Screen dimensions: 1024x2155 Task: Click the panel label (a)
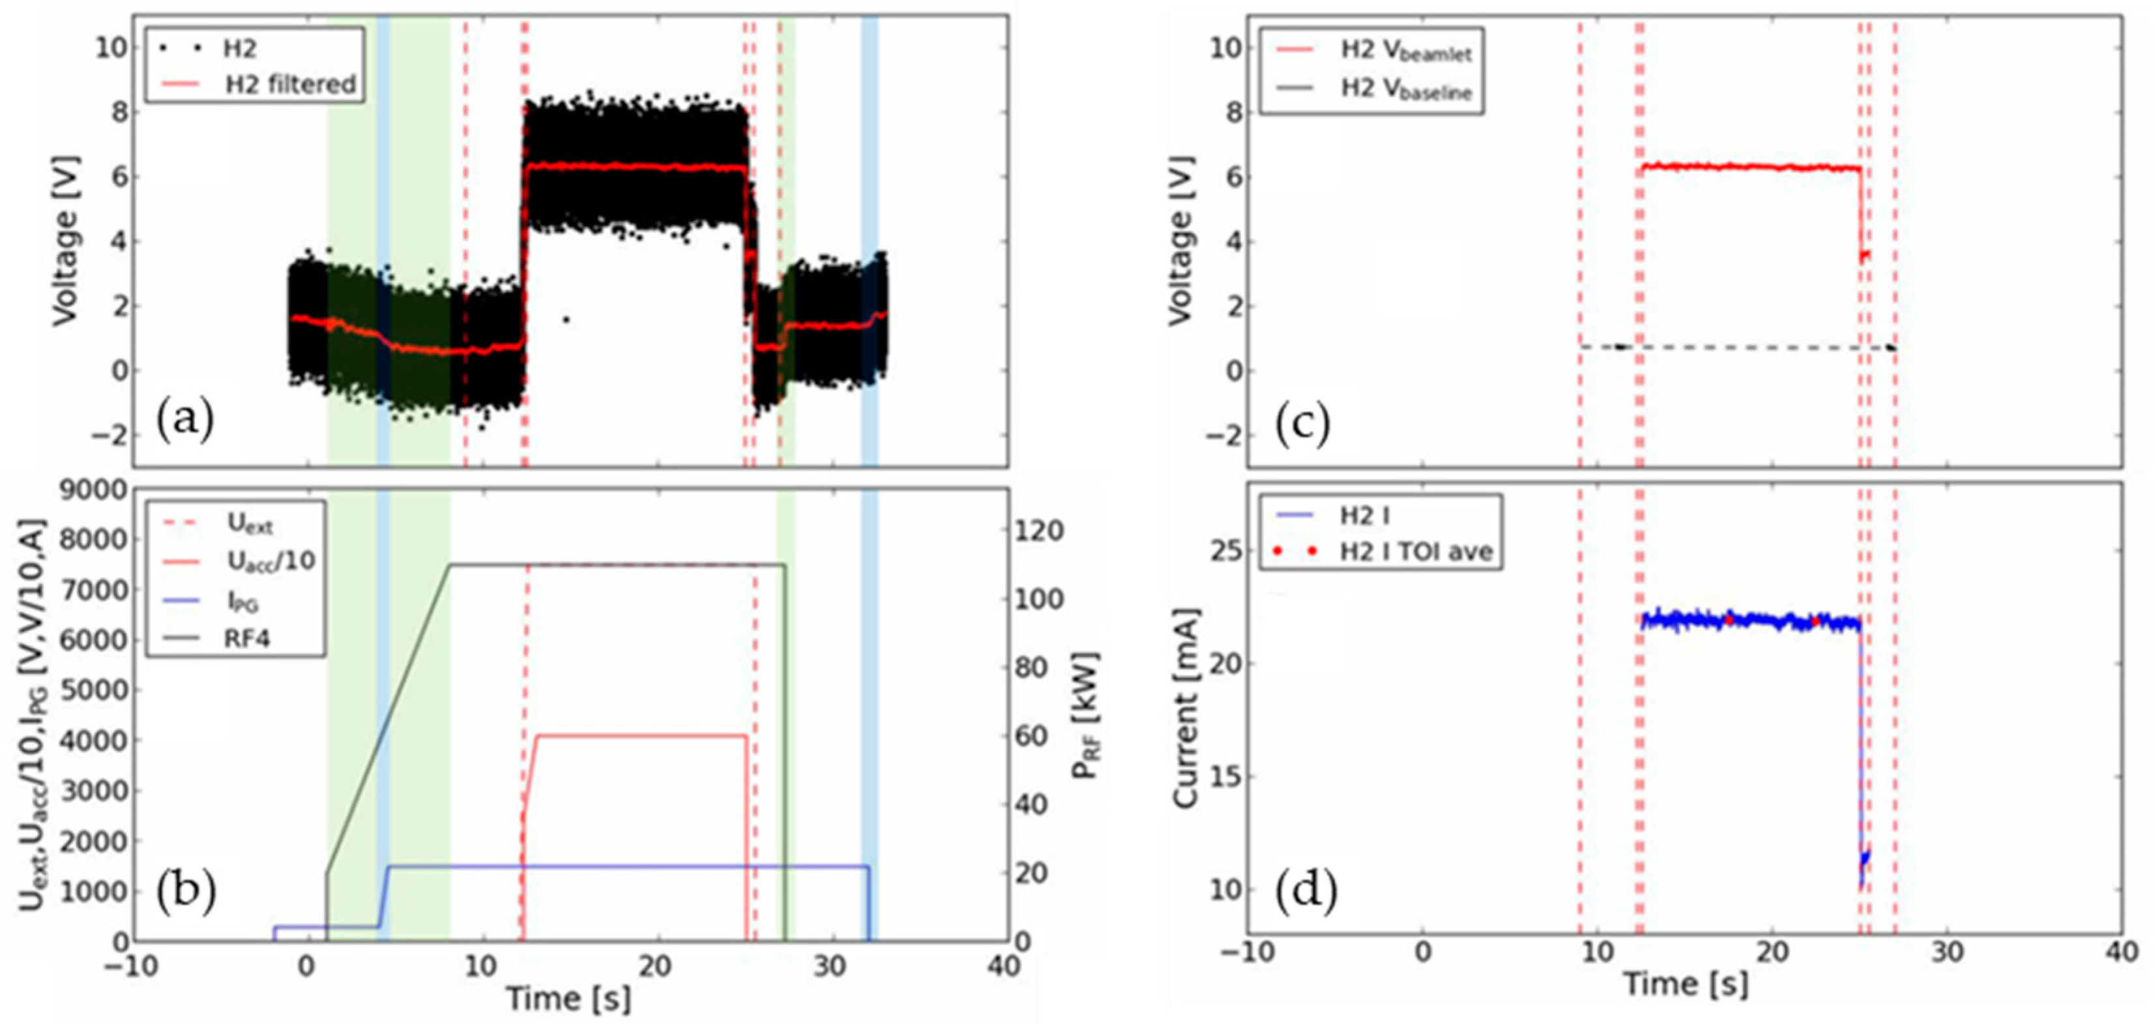coord(185,419)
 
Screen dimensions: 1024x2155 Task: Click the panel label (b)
coord(186,890)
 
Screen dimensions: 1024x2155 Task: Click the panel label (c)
coord(1302,424)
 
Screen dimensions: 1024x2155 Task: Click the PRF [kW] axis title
coord(1086,715)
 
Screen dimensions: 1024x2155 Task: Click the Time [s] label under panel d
coord(1685,984)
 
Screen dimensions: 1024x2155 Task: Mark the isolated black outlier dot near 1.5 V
coord(566,319)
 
